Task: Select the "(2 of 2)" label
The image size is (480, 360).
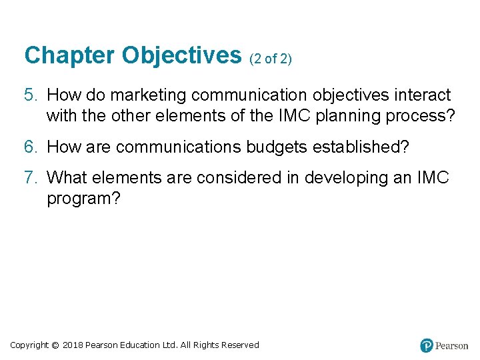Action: [271, 59]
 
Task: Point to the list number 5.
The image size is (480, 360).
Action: [29, 95]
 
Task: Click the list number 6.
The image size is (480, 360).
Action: [29, 147]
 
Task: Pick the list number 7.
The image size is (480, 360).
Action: [29, 177]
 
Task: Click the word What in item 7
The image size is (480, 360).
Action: [68, 177]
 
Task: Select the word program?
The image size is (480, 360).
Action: [83, 199]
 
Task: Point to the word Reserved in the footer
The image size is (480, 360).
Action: [241, 345]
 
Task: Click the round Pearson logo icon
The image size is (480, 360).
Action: [427, 345]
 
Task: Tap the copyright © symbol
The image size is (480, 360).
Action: [55, 345]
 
